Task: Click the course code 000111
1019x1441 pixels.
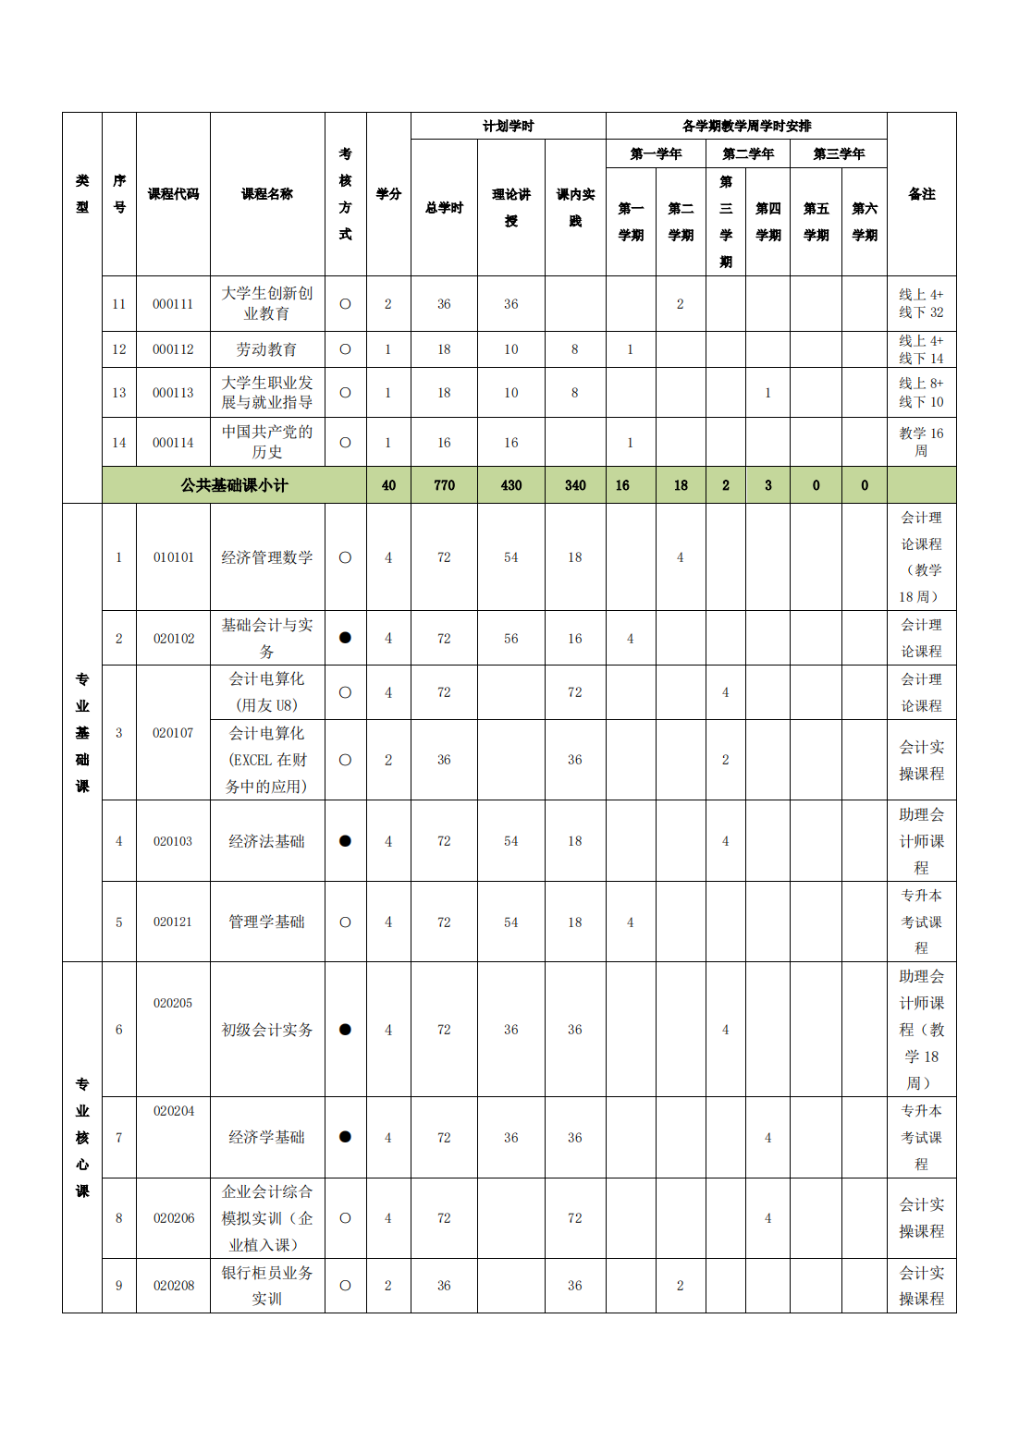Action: point(173,304)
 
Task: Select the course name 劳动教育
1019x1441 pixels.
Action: point(266,349)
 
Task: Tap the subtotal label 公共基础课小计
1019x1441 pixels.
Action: point(234,485)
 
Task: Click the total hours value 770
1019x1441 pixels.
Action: point(444,485)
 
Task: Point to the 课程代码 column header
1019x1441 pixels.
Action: point(173,194)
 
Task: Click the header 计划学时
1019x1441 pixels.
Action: point(508,126)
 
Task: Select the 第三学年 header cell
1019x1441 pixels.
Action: point(839,153)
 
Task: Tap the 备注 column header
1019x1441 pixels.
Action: point(921,194)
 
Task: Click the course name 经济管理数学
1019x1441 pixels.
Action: point(266,557)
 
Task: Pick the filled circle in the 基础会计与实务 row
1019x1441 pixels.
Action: point(345,638)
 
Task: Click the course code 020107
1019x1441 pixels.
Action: point(173,733)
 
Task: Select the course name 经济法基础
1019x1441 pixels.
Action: point(266,841)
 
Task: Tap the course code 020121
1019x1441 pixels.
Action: point(173,922)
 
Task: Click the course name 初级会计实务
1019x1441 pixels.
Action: point(266,1030)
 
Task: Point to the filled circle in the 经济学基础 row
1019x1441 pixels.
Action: point(345,1137)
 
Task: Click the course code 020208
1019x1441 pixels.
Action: point(173,1286)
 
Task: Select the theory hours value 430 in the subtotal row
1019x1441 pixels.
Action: point(510,485)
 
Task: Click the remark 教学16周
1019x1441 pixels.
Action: point(921,442)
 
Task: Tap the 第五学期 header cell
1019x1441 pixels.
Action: point(816,222)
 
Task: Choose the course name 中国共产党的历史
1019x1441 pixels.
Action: point(266,442)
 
